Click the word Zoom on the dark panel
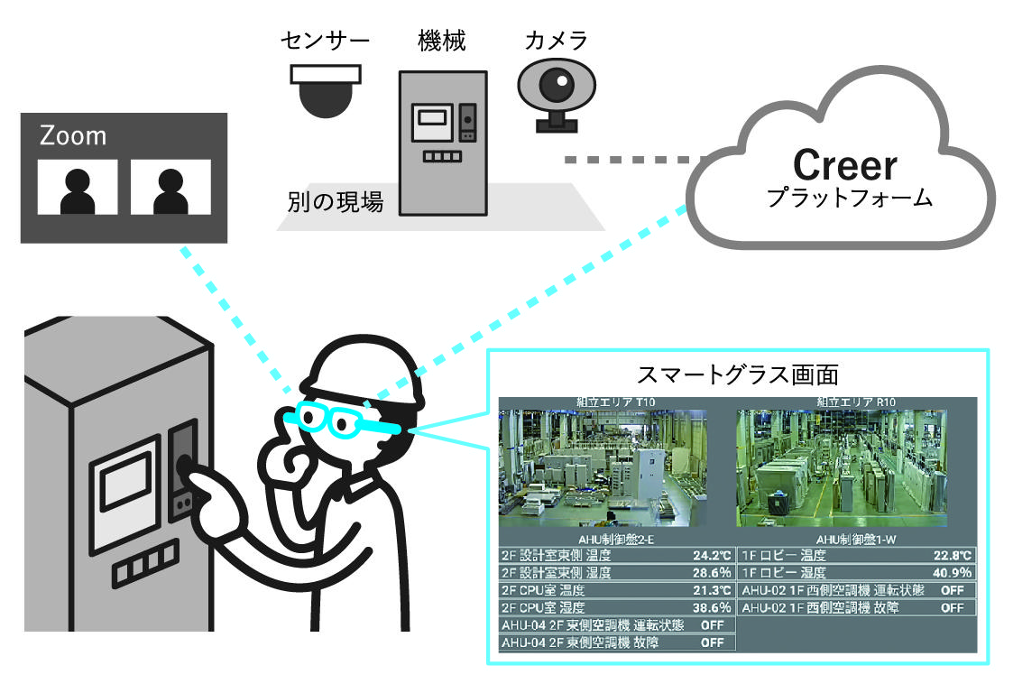[73, 135]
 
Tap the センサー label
[326, 41]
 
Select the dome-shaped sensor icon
[326, 90]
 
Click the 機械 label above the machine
[442, 41]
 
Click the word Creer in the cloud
[845, 164]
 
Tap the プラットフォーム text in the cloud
[849, 199]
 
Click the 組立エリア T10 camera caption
[617, 402]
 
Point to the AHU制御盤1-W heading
[856, 539]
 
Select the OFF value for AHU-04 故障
[712, 642]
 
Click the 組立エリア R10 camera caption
[856, 402]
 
